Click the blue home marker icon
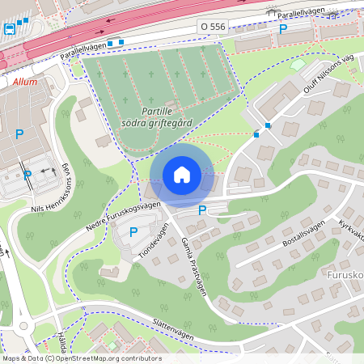tap(182, 175)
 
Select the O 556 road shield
tap(213, 28)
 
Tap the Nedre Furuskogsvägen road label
tap(124, 218)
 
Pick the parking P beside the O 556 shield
tap(282, 28)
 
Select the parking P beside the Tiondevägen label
tap(133, 232)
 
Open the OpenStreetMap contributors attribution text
tap(81, 358)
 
